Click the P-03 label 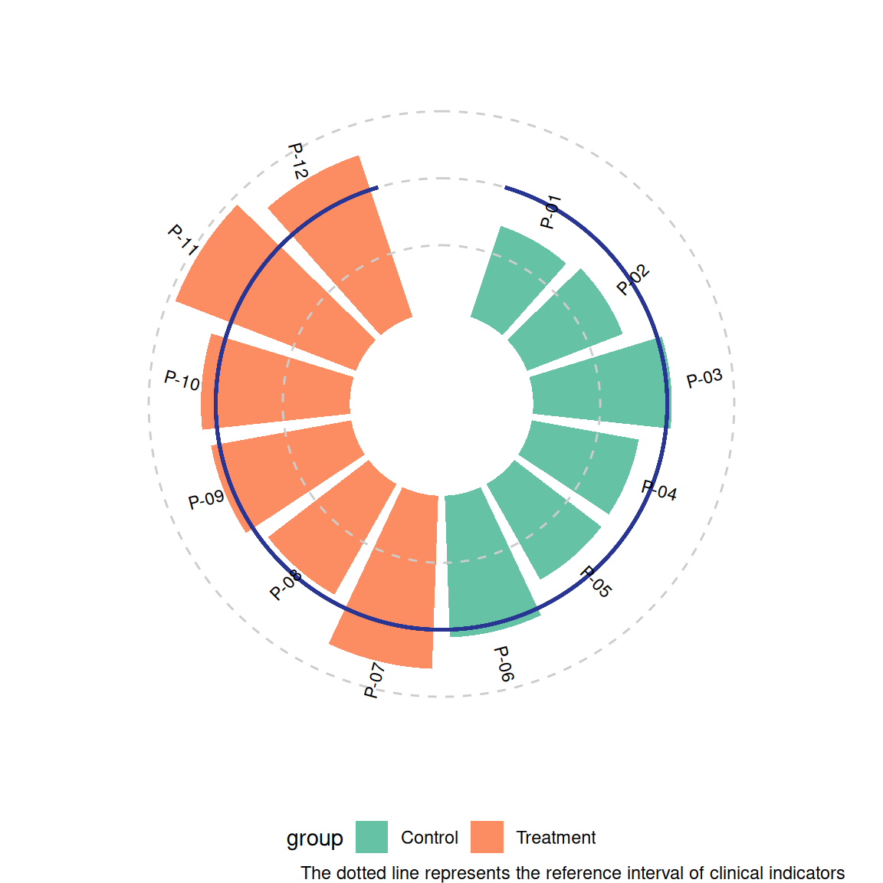point(704,379)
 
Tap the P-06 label point(503,664)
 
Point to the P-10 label point(182,380)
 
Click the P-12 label point(297,161)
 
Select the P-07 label point(374,681)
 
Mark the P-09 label point(206,500)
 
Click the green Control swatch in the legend point(372,837)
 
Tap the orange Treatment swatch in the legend point(487,837)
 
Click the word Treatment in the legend point(556,838)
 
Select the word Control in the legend point(429,838)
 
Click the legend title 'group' point(315,839)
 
